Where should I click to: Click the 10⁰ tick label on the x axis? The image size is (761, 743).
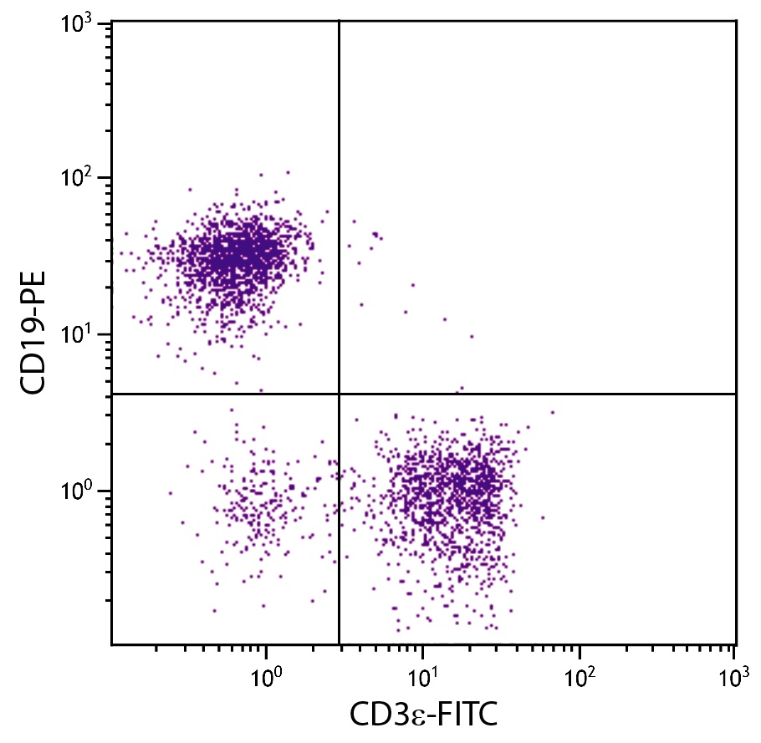pyautogui.click(x=267, y=674)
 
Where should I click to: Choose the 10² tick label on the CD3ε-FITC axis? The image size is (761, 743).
pyautogui.click(x=580, y=674)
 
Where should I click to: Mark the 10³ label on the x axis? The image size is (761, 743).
pyautogui.click(x=734, y=674)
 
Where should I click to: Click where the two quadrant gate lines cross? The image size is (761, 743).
pyautogui.click(x=339, y=394)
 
